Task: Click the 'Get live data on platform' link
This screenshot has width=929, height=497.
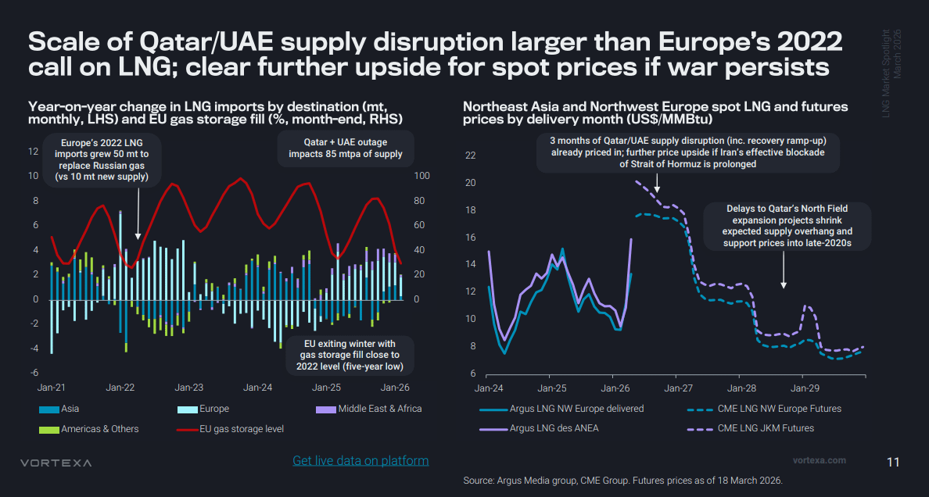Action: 360,460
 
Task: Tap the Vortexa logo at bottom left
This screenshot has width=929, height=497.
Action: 56,463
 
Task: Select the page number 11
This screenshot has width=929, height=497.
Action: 893,462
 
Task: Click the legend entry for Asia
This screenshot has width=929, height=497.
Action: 59,409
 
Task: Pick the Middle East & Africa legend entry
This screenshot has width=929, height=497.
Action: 369,409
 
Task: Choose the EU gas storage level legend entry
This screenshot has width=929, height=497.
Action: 231,428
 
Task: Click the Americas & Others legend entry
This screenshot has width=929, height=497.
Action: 89,428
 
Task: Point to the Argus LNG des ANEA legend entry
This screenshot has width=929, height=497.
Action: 539,427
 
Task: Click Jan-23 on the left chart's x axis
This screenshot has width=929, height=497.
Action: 189,388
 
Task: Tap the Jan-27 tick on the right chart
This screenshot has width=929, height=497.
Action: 679,388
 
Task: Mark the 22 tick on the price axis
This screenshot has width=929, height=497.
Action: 471,156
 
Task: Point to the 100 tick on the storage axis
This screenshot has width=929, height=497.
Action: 421,176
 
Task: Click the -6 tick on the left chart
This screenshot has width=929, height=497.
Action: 34,373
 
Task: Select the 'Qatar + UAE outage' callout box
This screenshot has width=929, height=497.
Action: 346,148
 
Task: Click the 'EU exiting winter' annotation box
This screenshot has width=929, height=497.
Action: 350,356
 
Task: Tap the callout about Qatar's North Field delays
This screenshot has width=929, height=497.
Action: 787,226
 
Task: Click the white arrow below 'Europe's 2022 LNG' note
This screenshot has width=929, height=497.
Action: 138,213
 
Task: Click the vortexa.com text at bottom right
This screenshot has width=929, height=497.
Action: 820,460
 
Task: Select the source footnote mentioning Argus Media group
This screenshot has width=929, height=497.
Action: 623,480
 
